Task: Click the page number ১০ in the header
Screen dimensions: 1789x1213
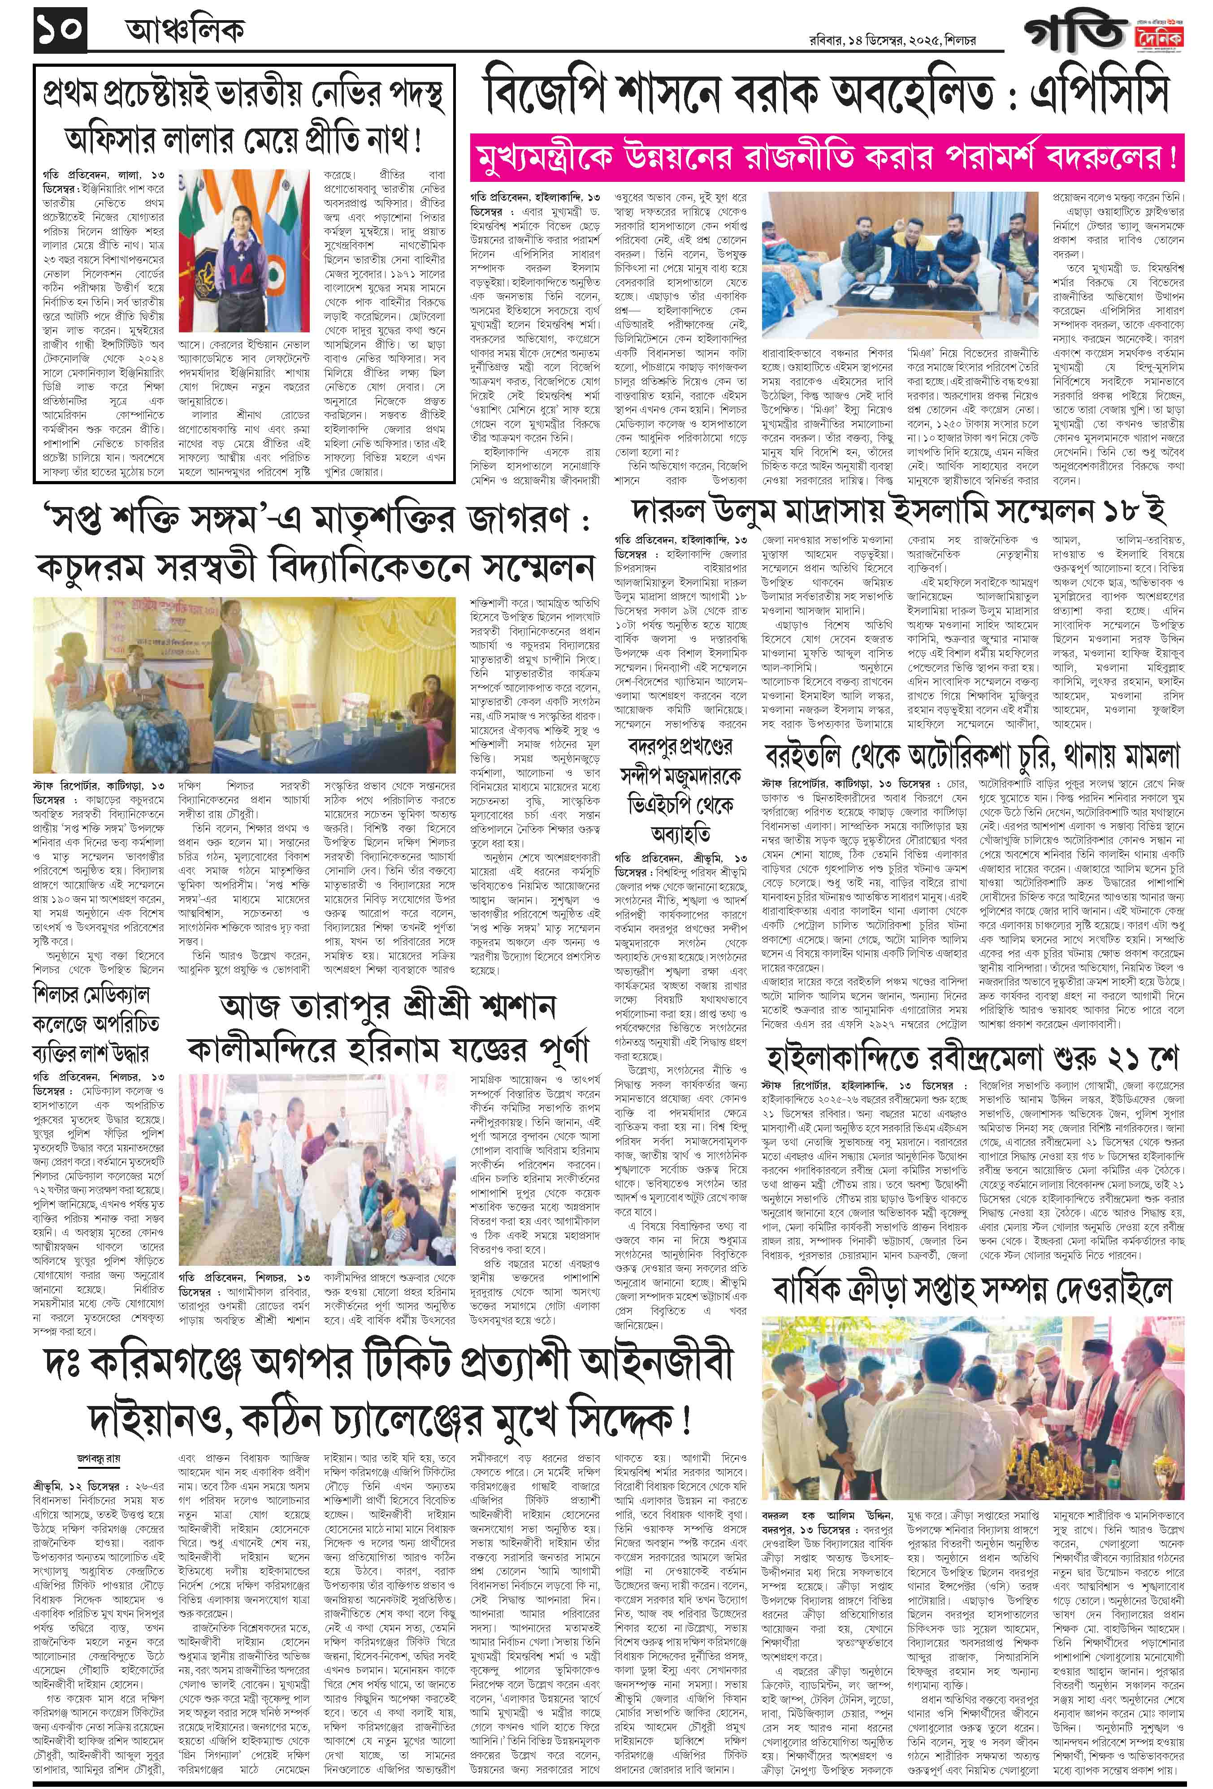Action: [x=60, y=32]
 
